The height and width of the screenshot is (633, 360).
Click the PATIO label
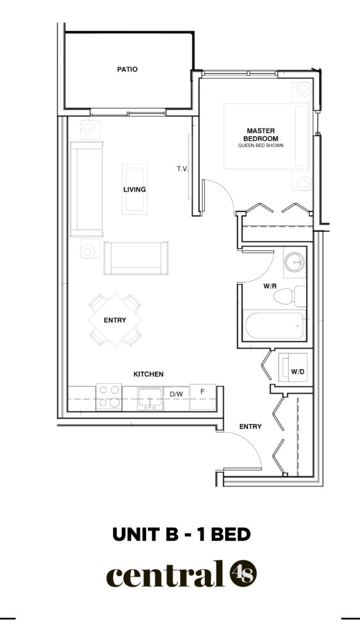tap(127, 69)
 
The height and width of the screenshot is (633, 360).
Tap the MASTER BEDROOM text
tap(260, 134)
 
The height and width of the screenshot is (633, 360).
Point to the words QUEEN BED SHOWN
tap(260, 145)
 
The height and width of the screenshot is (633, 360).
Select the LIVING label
tap(135, 189)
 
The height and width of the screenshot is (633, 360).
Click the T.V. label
tap(182, 169)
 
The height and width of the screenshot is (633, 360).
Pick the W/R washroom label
tap(270, 286)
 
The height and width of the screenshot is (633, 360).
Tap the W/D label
tap(298, 372)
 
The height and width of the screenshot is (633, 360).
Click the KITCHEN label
tap(148, 374)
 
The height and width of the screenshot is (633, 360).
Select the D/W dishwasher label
tap(176, 393)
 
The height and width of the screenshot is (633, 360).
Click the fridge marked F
tap(203, 397)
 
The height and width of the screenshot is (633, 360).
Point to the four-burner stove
tap(109, 397)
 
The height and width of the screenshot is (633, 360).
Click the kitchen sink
tap(150, 399)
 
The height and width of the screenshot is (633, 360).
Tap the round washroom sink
tap(294, 262)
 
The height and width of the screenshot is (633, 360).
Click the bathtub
tap(275, 325)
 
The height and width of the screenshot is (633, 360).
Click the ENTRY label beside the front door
tap(251, 427)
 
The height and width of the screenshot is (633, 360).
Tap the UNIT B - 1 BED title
tap(181, 534)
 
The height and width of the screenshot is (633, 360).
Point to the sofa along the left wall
tap(86, 189)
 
